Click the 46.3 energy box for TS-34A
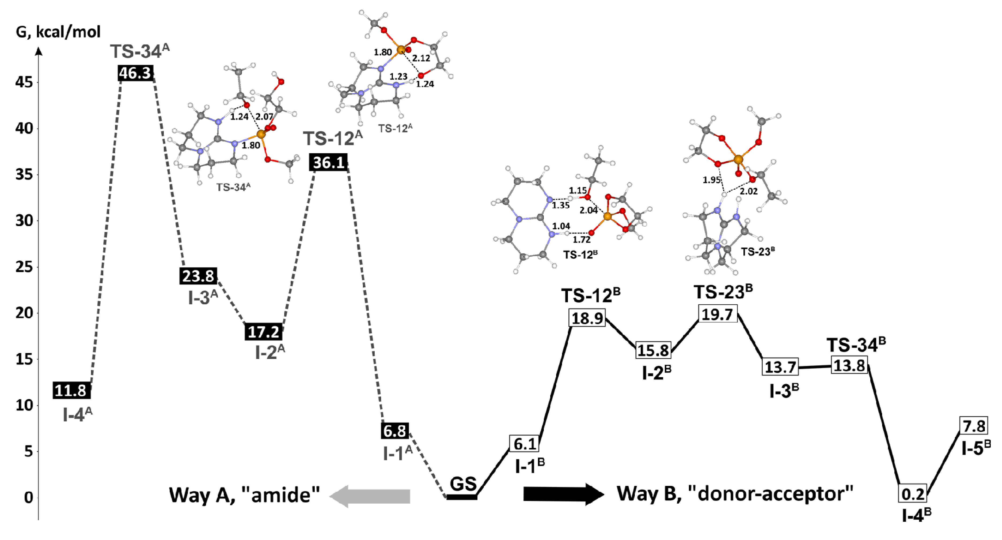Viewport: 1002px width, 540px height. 135,73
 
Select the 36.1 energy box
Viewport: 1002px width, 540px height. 328,162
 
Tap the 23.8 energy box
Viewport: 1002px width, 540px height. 198,276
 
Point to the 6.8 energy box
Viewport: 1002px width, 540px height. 395,431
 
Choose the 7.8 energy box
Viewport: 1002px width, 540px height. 974,426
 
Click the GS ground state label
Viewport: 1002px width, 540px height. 463,484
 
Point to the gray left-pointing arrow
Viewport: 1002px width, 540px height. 370,496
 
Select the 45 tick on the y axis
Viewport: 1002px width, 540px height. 24,82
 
